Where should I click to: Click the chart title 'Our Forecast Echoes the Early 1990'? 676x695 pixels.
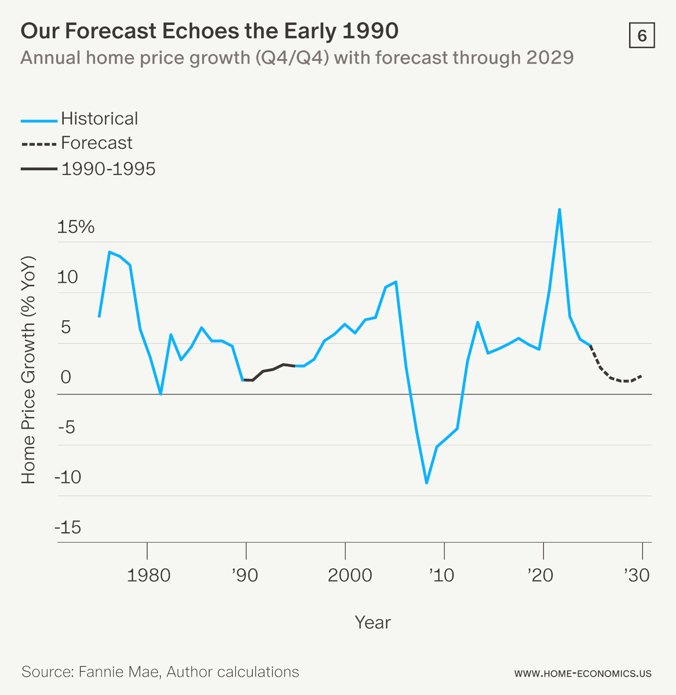tap(209, 31)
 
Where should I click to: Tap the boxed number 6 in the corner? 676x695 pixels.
tap(641, 36)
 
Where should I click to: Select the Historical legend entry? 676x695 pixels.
tap(99, 119)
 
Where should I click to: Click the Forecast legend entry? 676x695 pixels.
tap(96, 143)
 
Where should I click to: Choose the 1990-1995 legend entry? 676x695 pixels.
tap(108, 169)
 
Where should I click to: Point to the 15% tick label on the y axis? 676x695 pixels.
tap(76, 227)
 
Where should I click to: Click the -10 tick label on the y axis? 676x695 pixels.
tap(68, 478)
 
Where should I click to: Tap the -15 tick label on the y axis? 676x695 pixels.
tap(68, 528)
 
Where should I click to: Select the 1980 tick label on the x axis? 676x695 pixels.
tap(148, 575)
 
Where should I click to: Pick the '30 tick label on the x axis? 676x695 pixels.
tap(637, 575)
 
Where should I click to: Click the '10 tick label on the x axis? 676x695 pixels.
tap(441, 575)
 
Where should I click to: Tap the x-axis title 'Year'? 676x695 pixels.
tap(372, 622)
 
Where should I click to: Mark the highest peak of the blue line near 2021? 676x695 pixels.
tap(559, 209)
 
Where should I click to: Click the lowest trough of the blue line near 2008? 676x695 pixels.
tap(426, 482)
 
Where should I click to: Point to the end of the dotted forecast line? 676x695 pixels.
tap(641, 375)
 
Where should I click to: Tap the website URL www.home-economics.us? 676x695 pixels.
tap(583, 674)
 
